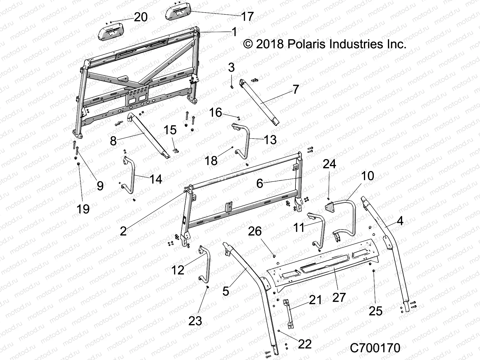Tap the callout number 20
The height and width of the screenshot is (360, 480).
(x=141, y=17)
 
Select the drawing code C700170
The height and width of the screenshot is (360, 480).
(x=375, y=348)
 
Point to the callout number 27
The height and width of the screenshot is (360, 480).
(x=339, y=297)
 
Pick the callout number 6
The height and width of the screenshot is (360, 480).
(x=260, y=183)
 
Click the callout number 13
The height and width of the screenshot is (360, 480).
(x=270, y=140)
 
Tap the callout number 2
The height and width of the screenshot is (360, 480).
(x=123, y=231)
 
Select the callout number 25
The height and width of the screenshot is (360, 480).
(x=375, y=311)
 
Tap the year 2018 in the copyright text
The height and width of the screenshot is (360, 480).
(x=270, y=44)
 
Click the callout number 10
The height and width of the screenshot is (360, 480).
(x=367, y=176)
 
